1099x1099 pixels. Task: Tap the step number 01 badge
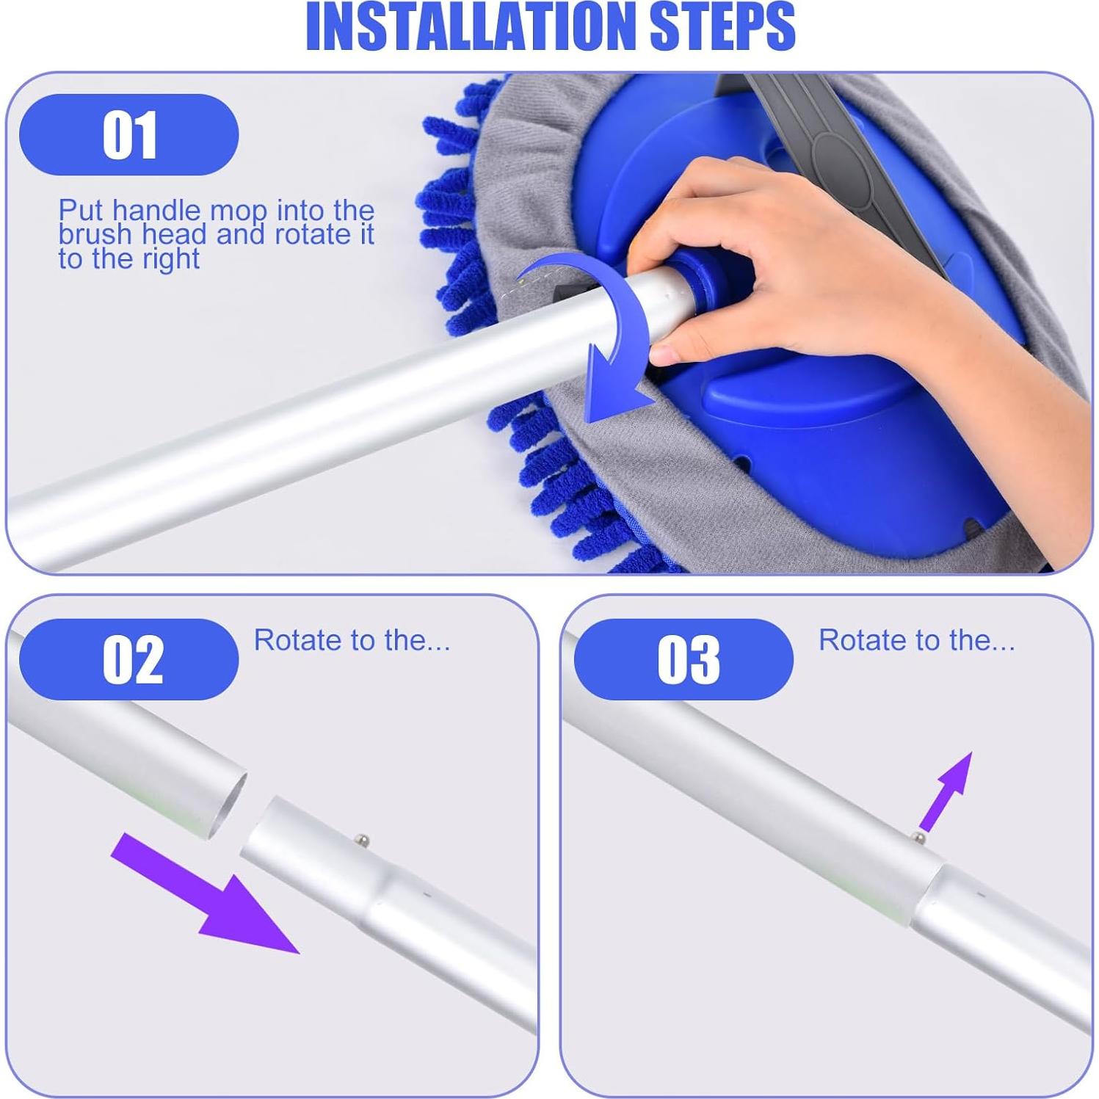click(129, 135)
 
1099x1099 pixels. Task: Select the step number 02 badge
click(129, 659)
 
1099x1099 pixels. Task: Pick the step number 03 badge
click(684, 659)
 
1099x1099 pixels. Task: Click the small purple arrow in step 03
click(946, 791)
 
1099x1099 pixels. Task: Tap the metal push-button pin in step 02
click(363, 838)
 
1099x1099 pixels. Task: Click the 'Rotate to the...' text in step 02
click(352, 640)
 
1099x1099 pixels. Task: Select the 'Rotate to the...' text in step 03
click(917, 640)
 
